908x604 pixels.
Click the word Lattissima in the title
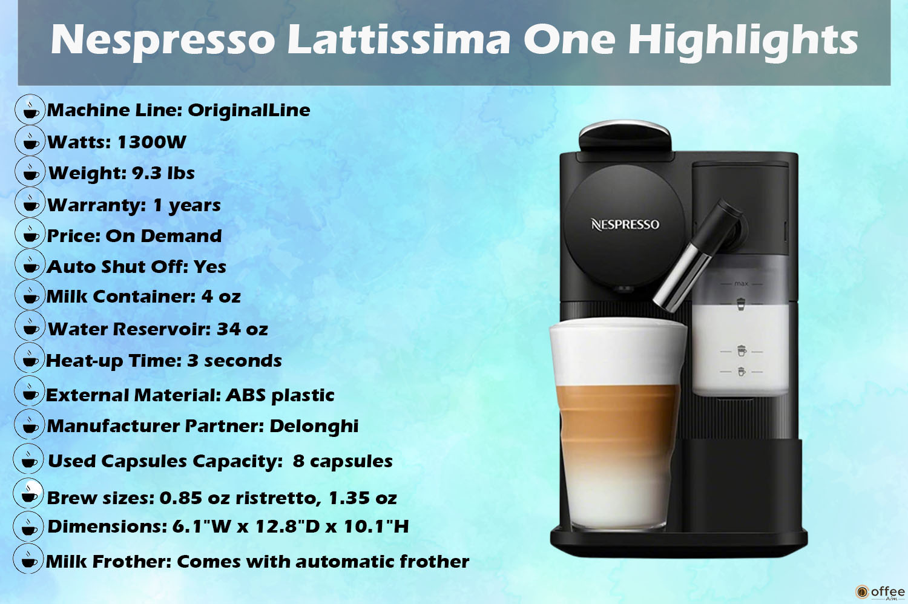(398, 39)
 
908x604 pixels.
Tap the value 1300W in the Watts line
(151, 142)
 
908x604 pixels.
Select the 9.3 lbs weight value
(163, 173)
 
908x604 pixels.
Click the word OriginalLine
(249, 110)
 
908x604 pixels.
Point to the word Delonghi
(314, 427)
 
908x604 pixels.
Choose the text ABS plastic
(280, 396)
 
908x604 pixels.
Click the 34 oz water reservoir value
(242, 329)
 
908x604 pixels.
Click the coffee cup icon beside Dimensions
(28, 526)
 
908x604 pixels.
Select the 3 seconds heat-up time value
(234, 361)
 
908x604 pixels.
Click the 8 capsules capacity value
(343, 461)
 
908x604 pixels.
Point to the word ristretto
(275, 498)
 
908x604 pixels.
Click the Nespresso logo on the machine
(625, 225)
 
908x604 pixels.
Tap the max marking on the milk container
(741, 284)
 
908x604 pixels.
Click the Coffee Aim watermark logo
(880, 592)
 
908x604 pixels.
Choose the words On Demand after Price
(163, 236)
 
